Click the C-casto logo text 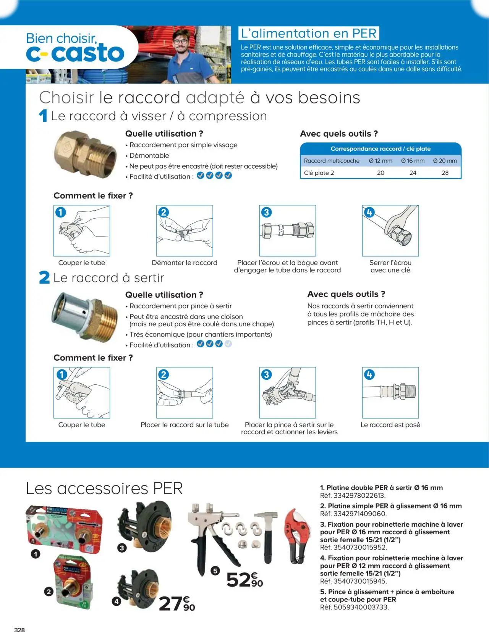pos(75,53)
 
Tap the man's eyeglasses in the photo pos(180,41)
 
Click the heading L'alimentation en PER pos(309,33)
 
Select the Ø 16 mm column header pos(413,161)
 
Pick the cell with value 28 pos(445,173)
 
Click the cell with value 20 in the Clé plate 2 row pos(381,173)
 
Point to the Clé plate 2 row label pos(319,173)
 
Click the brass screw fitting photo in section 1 pos(85,154)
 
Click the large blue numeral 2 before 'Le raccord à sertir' pos(44,277)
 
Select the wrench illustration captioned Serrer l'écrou pos(390,231)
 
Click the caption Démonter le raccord pos(184,263)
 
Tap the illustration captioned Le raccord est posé pos(390,392)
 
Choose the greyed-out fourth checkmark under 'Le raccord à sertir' pos(228,344)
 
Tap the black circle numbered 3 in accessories pos(121,548)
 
